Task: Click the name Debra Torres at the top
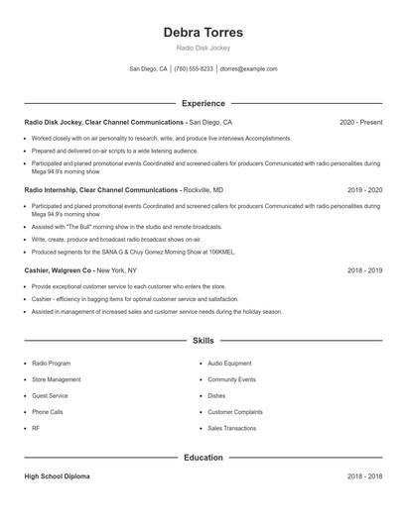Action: pyautogui.click(x=203, y=33)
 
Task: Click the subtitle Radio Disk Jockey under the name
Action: pyautogui.click(x=203, y=48)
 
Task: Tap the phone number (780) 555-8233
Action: pyautogui.click(x=195, y=69)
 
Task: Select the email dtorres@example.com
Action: pyautogui.click(x=248, y=69)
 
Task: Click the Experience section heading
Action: pyautogui.click(x=203, y=103)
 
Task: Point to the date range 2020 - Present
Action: pyautogui.click(x=360, y=123)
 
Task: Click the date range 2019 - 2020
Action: pyautogui.click(x=364, y=189)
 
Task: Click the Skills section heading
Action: pyautogui.click(x=203, y=341)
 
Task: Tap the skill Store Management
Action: pyautogui.click(x=57, y=379)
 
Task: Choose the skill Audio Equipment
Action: pyautogui.click(x=229, y=364)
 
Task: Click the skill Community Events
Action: pyautogui.click(x=231, y=379)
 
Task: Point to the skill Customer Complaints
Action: pyautogui.click(x=235, y=411)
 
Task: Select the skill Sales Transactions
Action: pyautogui.click(x=232, y=428)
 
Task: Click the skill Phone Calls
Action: pyautogui.click(x=47, y=411)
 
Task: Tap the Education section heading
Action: pyautogui.click(x=203, y=458)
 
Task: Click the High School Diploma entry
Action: pyautogui.click(x=57, y=476)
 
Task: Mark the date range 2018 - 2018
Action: pyautogui.click(x=364, y=476)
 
